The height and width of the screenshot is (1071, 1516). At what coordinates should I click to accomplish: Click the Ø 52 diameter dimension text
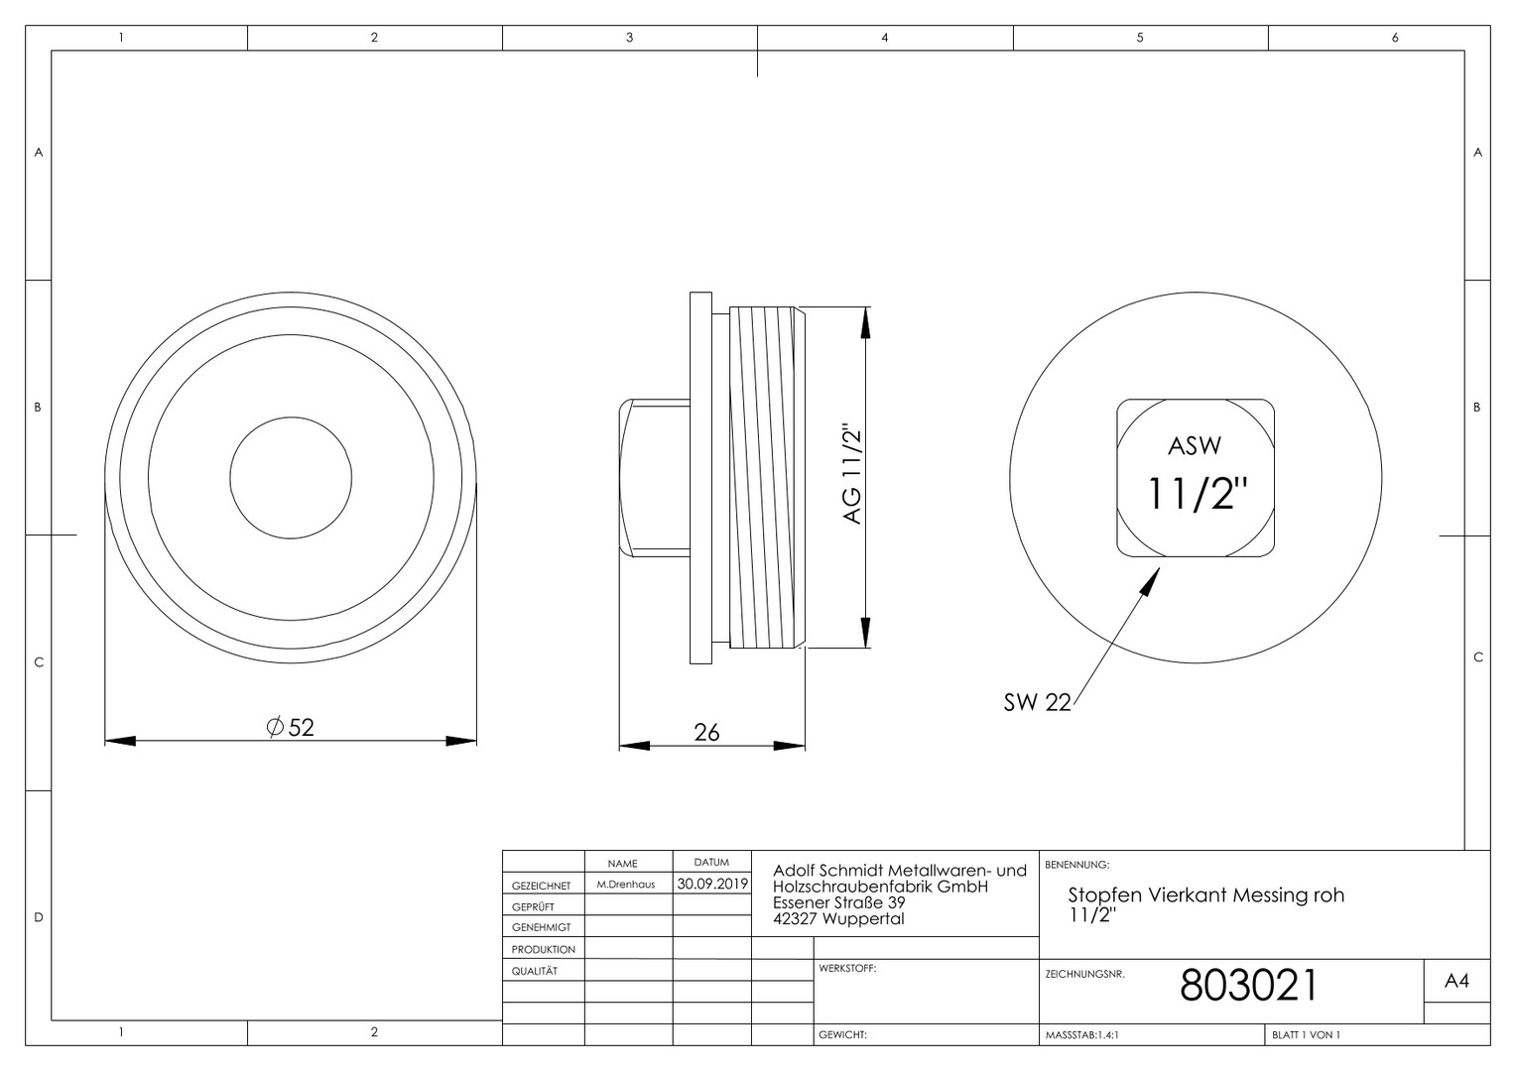(x=291, y=727)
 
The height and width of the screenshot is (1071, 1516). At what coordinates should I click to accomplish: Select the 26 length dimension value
(x=706, y=732)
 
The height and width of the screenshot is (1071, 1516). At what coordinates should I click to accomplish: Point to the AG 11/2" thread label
(x=853, y=474)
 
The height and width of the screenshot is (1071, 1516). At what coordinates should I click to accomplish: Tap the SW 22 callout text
(x=1037, y=702)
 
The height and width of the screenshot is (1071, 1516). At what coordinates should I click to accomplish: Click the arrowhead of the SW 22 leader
(x=1151, y=581)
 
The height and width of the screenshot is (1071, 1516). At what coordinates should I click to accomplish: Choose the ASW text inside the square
(x=1195, y=446)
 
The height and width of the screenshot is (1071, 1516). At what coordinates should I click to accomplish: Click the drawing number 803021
(x=1249, y=985)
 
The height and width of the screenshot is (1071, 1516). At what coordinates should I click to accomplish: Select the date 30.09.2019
(x=712, y=884)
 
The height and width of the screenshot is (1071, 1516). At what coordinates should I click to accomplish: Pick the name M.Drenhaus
(x=626, y=885)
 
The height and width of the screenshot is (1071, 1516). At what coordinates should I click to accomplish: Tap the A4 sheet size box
(x=1456, y=981)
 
